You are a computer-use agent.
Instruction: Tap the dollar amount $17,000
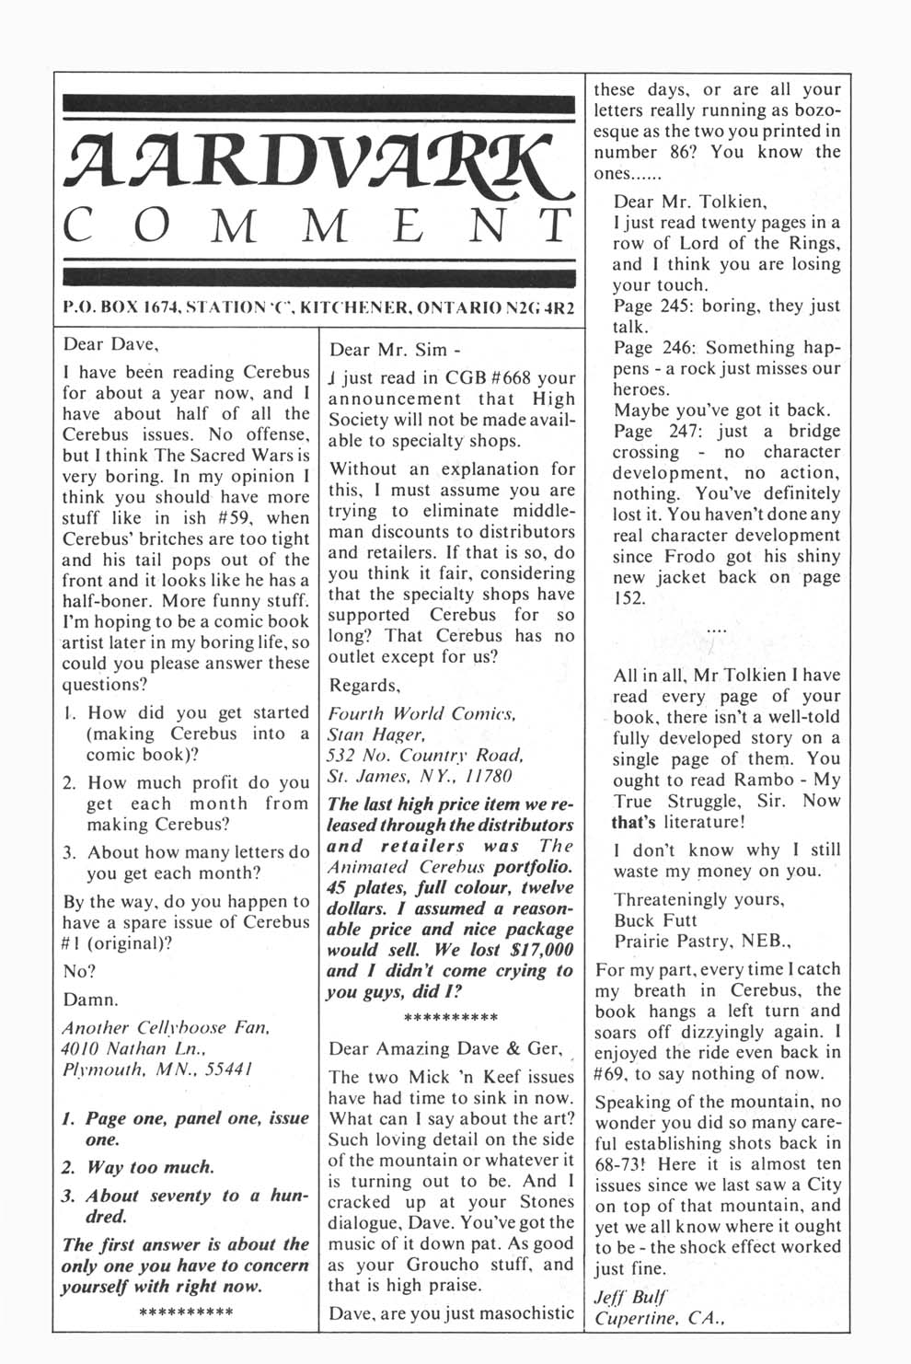click(532, 950)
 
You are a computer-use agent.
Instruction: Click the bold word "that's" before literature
click(637, 822)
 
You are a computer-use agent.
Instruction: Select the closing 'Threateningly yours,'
click(698, 899)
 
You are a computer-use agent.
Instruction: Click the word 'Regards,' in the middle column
click(364, 686)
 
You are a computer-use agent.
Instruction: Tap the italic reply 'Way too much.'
click(150, 1167)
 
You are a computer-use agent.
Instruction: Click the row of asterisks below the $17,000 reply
click(451, 1017)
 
